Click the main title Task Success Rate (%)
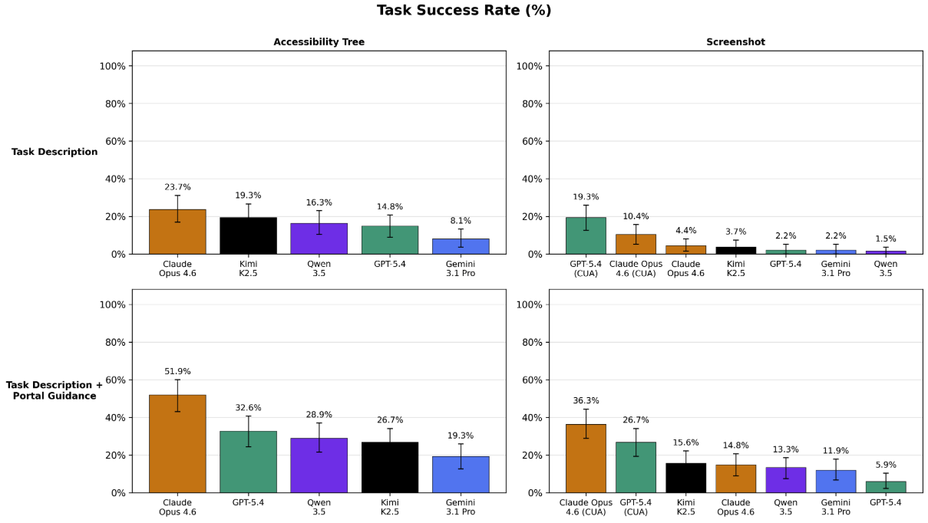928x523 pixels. pyautogui.click(x=464, y=11)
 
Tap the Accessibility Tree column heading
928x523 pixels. pyautogui.click(x=319, y=42)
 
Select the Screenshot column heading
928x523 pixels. pyautogui.click(x=735, y=42)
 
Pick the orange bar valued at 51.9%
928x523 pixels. pyautogui.click(x=177, y=444)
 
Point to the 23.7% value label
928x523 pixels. pyautogui.click(x=177, y=187)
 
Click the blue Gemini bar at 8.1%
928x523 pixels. pyautogui.click(x=461, y=246)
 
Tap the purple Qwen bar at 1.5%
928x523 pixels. pyautogui.click(x=886, y=252)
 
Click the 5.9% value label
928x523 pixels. pyautogui.click(x=886, y=465)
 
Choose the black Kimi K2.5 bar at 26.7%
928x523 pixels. pyautogui.click(x=390, y=467)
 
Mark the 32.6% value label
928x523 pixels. pyautogui.click(x=248, y=408)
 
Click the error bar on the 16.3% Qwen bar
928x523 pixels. pyautogui.click(x=319, y=222)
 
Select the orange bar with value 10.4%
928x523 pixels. pyautogui.click(x=636, y=244)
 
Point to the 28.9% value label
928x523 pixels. pyautogui.click(x=319, y=415)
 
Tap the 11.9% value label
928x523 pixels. pyautogui.click(x=836, y=451)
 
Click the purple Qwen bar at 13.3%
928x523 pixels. pyautogui.click(x=786, y=480)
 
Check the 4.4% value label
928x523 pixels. pyautogui.click(x=685, y=231)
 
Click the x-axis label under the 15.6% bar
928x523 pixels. pyautogui.click(x=685, y=505)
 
